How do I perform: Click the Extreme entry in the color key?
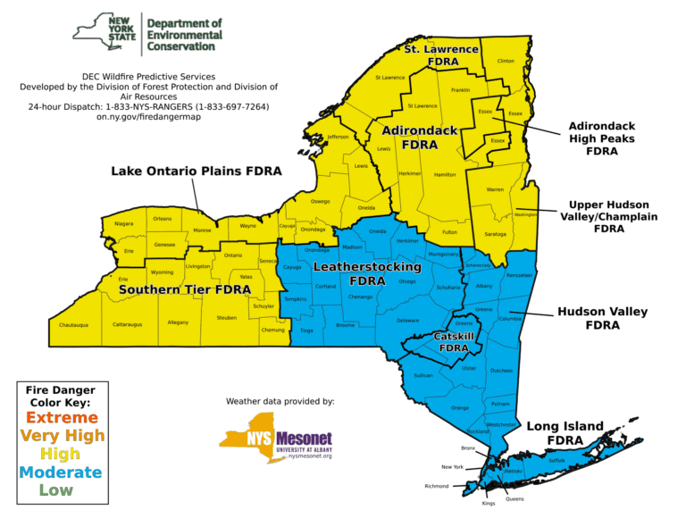pyautogui.click(x=61, y=418)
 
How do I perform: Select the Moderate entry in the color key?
pyautogui.click(x=61, y=472)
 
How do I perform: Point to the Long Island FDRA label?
pyautogui.click(x=565, y=433)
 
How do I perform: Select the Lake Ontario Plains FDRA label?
pyautogui.click(x=197, y=171)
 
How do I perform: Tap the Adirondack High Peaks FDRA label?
pyautogui.click(x=602, y=138)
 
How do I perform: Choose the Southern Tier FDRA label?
pyautogui.click(x=185, y=289)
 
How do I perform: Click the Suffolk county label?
pyautogui.click(x=556, y=460)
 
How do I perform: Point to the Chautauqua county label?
pyautogui.click(x=73, y=325)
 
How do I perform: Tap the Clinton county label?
pyautogui.click(x=506, y=62)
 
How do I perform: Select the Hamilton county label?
pyautogui.click(x=445, y=175)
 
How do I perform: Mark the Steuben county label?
pyautogui.click(x=226, y=317)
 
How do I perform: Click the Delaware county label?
pyautogui.click(x=407, y=320)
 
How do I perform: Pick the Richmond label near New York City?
pyautogui.click(x=437, y=487)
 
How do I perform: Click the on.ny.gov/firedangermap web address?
pyautogui.click(x=148, y=117)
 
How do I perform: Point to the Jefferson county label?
pyautogui.click(x=338, y=137)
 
